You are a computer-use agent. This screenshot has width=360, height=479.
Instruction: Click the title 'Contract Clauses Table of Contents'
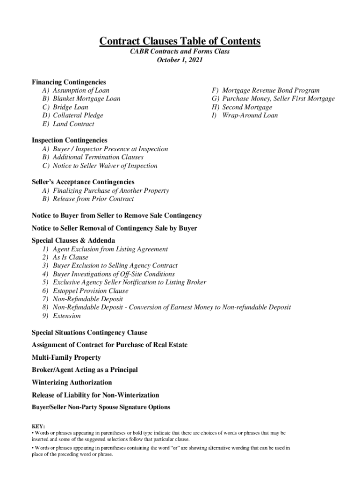pyautogui.click(x=180, y=42)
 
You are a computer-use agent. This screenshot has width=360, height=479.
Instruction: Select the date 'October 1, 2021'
pyautogui.click(x=180, y=60)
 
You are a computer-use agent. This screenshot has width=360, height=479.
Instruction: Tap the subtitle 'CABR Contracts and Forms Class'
pyautogui.click(x=180, y=51)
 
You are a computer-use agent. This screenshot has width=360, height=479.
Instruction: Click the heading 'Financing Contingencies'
pyautogui.click(x=69, y=82)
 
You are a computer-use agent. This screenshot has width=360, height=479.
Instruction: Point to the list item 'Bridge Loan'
pyautogui.click(x=70, y=107)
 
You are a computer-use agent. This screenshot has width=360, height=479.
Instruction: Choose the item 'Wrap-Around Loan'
pyautogui.click(x=250, y=116)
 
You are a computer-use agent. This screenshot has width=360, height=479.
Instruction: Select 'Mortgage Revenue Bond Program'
pyautogui.click(x=271, y=90)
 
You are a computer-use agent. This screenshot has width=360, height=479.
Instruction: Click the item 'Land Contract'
pyautogui.click(x=73, y=124)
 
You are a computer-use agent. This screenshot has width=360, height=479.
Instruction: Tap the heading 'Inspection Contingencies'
pyautogui.click(x=69, y=140)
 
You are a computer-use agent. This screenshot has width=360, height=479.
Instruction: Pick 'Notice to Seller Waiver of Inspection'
pyautogui.click(x=105, y=166)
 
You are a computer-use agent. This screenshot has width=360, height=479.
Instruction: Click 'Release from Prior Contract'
pyautogui.click(x=93, y=199)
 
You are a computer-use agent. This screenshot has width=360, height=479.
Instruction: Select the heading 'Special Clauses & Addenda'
pyautogui.click(x=73, y=240)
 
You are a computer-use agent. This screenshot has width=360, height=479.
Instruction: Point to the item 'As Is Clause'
pyautogui.click(x=70, y=257)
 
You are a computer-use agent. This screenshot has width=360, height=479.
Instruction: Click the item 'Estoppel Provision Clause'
pyautogui.click(x=90, y=291)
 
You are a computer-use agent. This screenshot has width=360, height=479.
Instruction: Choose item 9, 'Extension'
pyautogui.click(x=66, y=316)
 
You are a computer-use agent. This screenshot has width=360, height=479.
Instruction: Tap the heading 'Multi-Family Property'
pyautogui.click(x=66, y=357)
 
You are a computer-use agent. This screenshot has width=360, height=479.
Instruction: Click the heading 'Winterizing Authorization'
pyautogui.click(x=72, y=382)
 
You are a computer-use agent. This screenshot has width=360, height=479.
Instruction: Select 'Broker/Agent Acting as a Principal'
pyautogui.click(x=85, y=370)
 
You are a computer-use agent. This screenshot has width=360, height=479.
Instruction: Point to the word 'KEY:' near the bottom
pyautogui.click(x=38, y=427)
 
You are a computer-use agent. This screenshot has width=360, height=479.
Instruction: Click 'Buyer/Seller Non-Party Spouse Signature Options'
pyautogui.click(x=101, y=407)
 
